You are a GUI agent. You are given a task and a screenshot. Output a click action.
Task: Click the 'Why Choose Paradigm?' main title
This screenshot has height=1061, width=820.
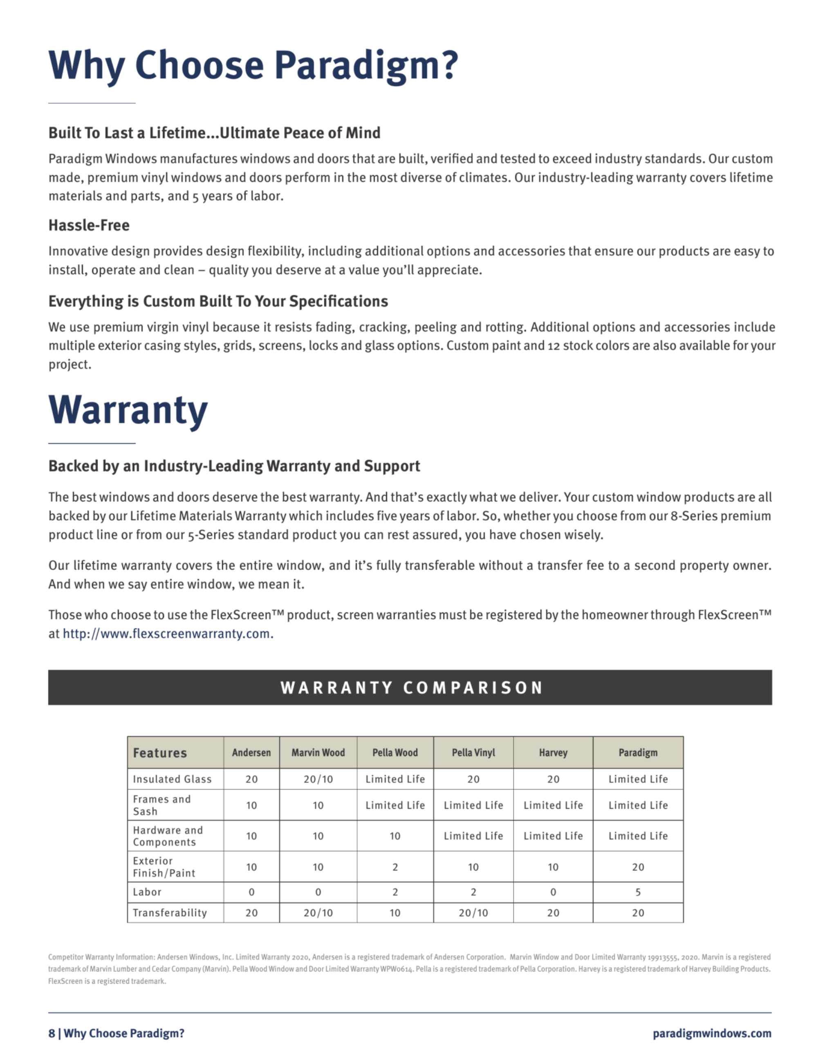point(253,65)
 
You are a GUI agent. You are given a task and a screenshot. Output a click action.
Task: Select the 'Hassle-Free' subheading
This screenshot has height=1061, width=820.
point(89,226)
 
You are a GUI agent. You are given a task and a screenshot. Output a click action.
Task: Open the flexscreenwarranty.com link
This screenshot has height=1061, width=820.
point(167,633)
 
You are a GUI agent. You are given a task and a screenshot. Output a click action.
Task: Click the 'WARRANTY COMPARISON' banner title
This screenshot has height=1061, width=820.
point(411,687)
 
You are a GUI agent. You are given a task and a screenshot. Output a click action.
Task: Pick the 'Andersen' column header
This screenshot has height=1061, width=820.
point(251,752)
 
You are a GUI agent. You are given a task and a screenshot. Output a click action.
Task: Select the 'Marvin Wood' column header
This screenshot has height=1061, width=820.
point(318,752)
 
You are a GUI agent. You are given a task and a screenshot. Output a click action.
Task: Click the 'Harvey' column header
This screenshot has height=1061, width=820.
point(553,752)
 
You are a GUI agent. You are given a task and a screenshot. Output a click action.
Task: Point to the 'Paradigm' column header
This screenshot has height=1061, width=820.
point(638,752)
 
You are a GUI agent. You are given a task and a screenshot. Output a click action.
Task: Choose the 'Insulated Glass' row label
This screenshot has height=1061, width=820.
point(172,779)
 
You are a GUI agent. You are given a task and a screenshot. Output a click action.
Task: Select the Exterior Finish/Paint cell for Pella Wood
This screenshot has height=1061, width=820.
point(395,867)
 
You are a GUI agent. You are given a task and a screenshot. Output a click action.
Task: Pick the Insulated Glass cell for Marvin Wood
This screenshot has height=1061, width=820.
point(318,779)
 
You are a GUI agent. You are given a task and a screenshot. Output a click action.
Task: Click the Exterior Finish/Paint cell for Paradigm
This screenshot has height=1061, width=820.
point(638,867)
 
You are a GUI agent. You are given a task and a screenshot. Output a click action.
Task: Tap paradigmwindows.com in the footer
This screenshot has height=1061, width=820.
point(712,1033)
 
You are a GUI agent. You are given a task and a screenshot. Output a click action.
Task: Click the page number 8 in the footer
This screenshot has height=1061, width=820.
point(52,1033)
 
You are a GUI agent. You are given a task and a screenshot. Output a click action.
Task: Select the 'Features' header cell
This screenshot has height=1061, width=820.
point(160,753)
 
